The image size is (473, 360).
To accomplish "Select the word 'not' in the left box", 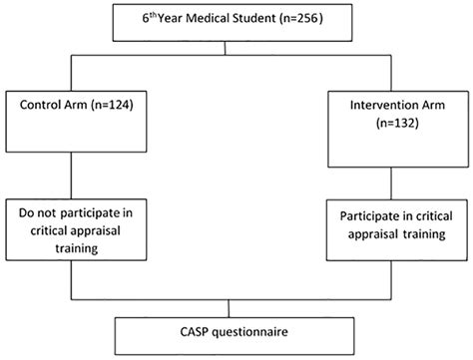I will tap(41, 213).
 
